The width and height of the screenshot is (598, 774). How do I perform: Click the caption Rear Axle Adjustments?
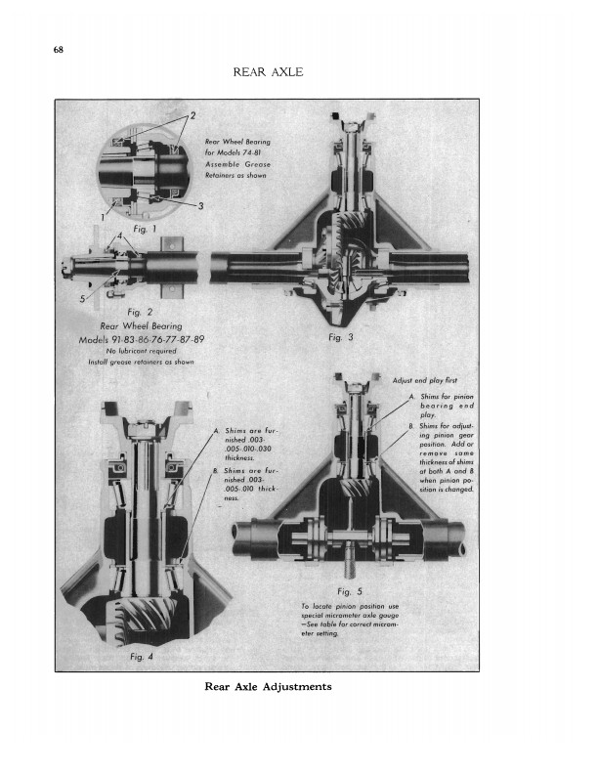(268, 686)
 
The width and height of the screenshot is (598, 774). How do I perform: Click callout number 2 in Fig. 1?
(192, 116)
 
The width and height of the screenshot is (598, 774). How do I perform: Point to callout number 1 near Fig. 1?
(101, 214)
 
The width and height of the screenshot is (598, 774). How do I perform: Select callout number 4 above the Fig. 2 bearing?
(120, 237)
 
